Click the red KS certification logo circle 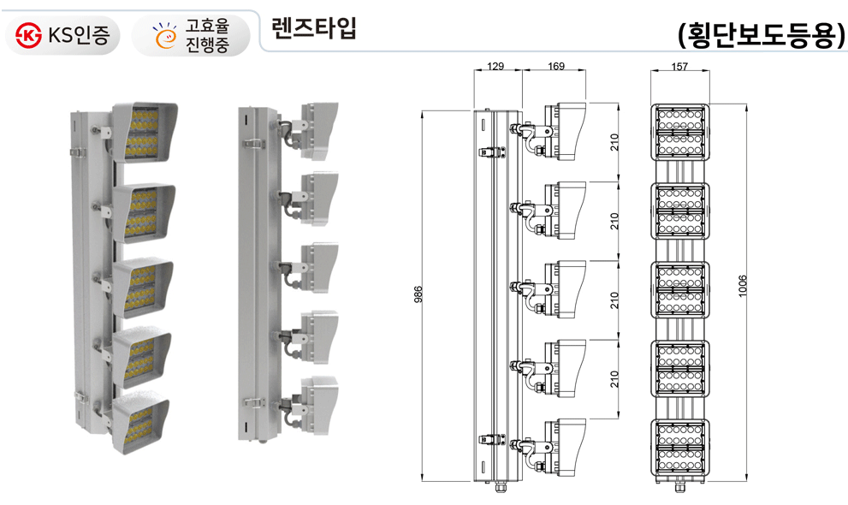coord(30,35)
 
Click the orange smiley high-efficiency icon coord(163,35)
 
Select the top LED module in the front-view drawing coord(681,133)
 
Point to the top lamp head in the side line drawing coord(565,131)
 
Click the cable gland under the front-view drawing coord(680,489)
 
